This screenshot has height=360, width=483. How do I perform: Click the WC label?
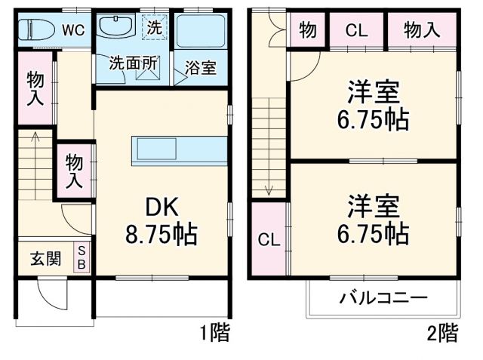[x=72, y=30]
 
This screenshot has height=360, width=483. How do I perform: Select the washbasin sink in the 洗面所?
[x=115, y=28]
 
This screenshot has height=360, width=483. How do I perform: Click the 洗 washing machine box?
[x=154, y=26]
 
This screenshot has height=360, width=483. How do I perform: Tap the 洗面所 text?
[x=133, y=63]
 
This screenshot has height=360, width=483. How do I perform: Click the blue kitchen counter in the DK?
[x=179, y=149]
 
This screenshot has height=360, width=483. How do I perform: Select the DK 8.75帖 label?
[x=161, y=220]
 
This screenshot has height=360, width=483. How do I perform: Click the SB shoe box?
[x=82, y=257]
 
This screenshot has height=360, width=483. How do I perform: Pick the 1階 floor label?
[x=214, y=332]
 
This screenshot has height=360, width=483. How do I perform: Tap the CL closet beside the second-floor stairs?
[x=269, y=240]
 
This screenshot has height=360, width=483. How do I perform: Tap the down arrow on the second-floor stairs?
[x=267, y=189]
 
